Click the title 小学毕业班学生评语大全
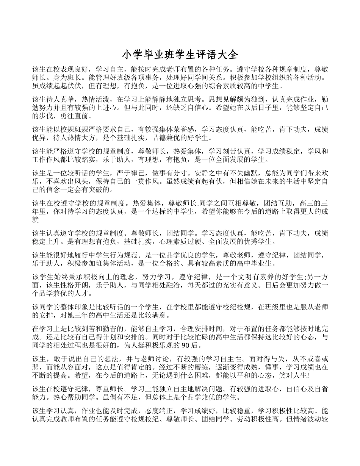[180, 55]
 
